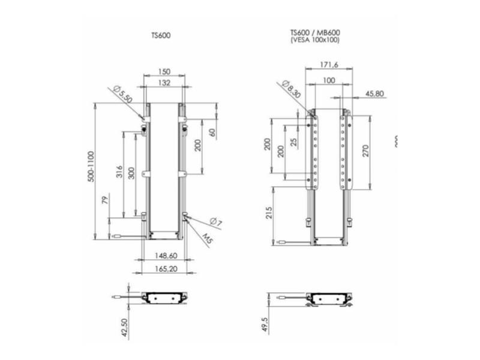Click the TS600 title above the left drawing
point(161,35)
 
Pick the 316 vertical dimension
point(119,173)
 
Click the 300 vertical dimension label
point(132,173)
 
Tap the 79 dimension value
point(106,200)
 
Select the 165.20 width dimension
point(164,269)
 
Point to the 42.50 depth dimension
point(124,328)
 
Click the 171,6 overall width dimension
point(327,64)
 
